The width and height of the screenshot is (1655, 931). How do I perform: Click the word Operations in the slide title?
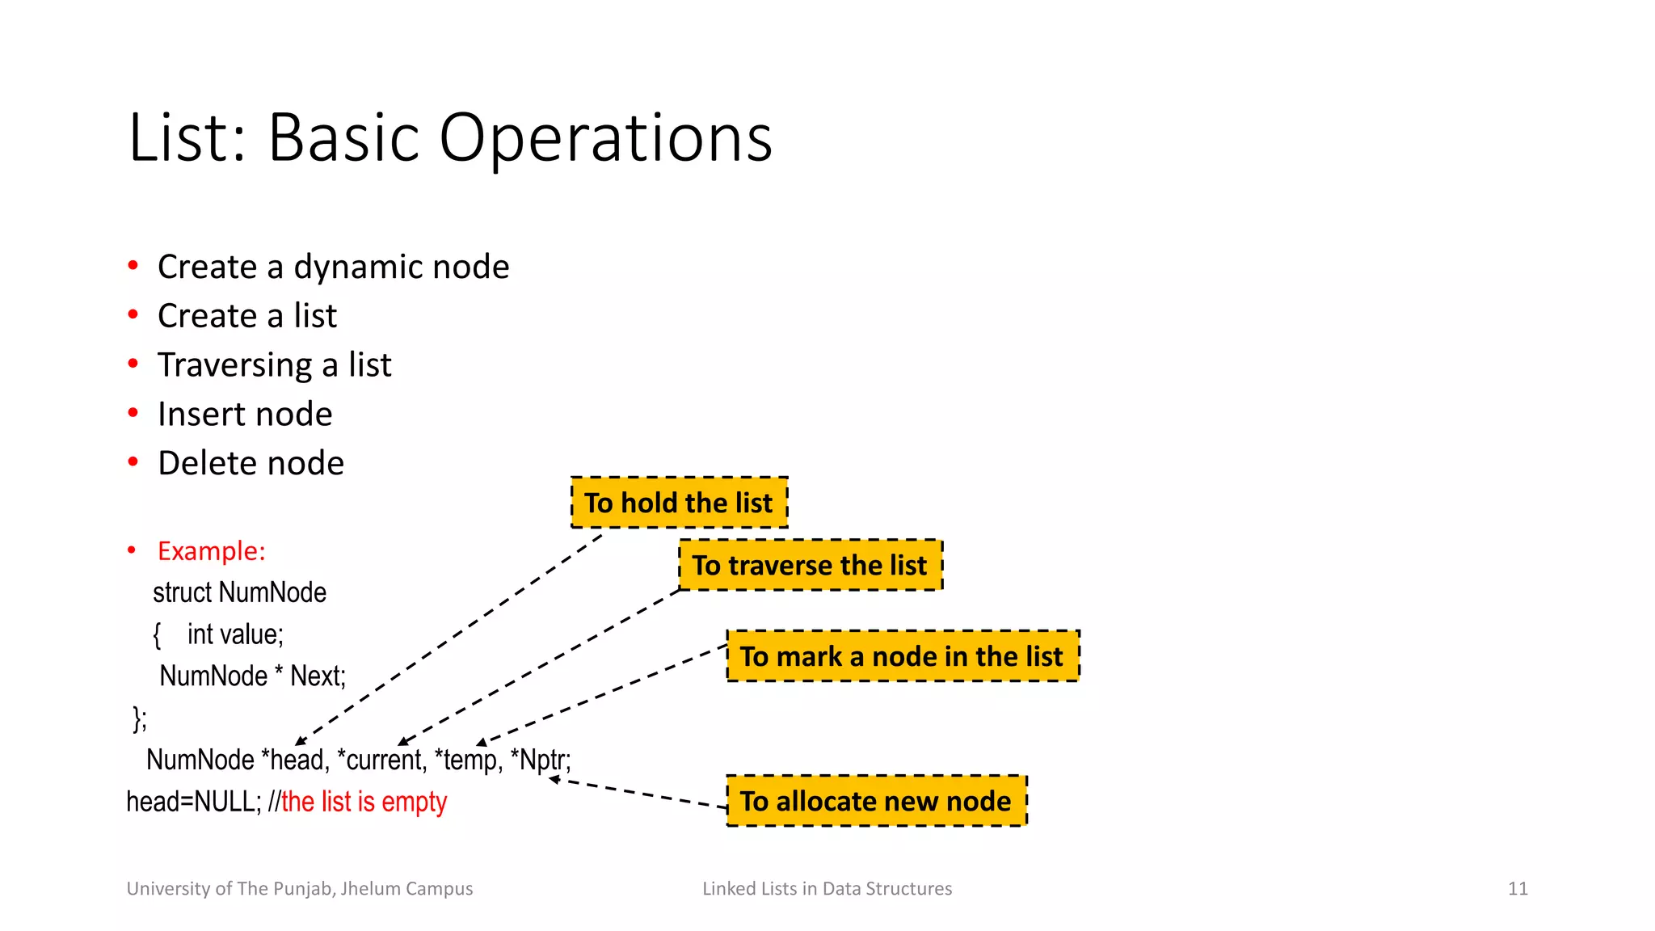(x=605, y=138)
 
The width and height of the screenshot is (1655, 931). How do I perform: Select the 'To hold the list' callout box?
(x=679, y=503)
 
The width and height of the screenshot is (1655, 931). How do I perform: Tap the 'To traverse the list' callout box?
(x=810, y=565)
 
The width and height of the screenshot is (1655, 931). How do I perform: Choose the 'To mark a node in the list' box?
(x=902, y=656)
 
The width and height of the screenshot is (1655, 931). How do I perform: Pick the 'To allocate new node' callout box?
(x=876, y=801)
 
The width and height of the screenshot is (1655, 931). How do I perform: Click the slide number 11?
(x=1518, y=889)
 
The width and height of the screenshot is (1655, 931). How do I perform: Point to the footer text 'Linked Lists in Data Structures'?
(x=827, y=889)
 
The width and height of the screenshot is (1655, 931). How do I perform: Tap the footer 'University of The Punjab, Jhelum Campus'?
(x=300, y=889)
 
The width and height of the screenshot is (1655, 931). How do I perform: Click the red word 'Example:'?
(x=211, y=551)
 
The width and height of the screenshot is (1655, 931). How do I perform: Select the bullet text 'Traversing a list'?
(x=274, y=365)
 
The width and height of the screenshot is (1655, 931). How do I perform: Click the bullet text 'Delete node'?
(x=251, y=463)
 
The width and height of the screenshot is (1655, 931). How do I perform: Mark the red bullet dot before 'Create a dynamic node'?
(x=133, y=266)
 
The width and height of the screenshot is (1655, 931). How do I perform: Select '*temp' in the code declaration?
(x=468, y=760)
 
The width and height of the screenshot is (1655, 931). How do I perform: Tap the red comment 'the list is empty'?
(x=364, y=802)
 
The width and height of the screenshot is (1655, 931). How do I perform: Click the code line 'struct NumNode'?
(x=239, y=592)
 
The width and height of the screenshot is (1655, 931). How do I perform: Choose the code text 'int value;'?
(x=235, y=634)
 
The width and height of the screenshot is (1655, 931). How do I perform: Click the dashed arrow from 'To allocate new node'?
(x=638, y=792)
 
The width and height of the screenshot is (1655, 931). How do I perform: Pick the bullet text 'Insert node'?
(x=245, y=415)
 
